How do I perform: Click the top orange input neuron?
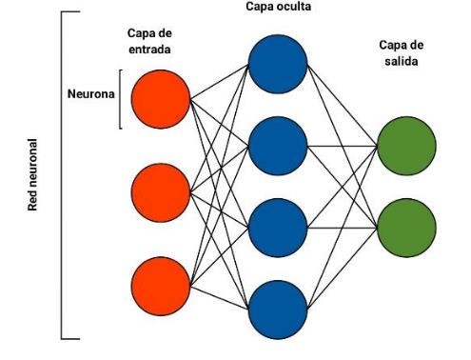pos(160,97)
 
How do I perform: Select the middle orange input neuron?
pos(160,191)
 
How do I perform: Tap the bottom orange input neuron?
pos(160,286)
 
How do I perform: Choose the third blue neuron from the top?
pos(278,227)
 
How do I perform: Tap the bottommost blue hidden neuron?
pos(278,309)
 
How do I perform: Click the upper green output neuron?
pos(406,145)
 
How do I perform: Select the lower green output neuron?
pos(406,227)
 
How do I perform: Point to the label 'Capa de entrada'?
pos(152,41)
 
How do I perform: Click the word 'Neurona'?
pos(90,96)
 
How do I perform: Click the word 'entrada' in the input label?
pos(152,49)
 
